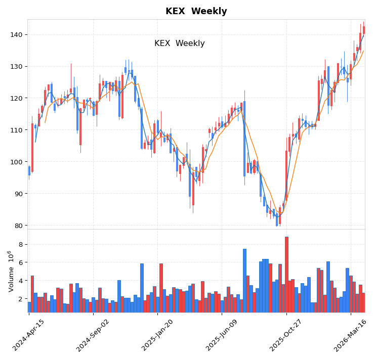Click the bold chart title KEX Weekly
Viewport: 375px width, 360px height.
click(x=196, y=11)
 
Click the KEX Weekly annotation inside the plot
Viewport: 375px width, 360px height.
click(x=179, y=43)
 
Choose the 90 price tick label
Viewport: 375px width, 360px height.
click(x=18, y=194)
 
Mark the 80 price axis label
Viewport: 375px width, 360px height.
click(x=18, y=226)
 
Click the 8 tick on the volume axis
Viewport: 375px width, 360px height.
click(x=20, y=244)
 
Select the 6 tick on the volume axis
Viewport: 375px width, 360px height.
click(x=20, y=262)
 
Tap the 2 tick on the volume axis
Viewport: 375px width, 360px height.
click(x=20, y=299)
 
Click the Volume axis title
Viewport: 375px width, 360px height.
click(x=11, y=271)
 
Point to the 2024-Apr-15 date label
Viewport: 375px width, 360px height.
click(x=29, y=335)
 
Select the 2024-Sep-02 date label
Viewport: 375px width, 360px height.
click(x=93, y=335)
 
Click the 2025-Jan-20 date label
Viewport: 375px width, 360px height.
click(x=158, y=335)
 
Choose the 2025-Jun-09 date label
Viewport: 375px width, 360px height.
click(x=222, y=335)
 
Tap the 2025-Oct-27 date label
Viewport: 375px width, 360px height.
click(x=286, y=335)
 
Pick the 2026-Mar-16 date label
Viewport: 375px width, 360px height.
click(x=351, y=335)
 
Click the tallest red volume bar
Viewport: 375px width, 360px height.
click(x=286, y=275)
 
